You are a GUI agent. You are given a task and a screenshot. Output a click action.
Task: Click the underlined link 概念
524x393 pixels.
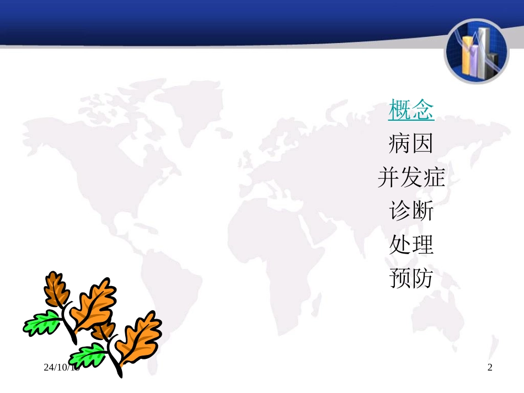point(411,110)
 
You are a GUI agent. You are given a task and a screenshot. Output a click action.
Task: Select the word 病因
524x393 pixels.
point(411,144)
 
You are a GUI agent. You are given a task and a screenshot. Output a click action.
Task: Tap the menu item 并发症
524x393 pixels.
point(411,177)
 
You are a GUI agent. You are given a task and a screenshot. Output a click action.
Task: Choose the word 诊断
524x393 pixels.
point(411,211)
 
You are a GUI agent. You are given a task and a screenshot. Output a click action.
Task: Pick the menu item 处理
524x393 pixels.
point(411,244)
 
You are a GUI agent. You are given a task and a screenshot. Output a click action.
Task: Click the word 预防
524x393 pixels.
point(411,278)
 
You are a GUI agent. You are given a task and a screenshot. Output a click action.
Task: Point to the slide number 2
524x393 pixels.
point(489,368)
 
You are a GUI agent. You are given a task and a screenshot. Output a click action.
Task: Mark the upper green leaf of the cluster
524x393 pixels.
point(42,323)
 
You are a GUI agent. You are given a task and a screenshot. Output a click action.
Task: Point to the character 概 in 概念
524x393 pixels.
point(400,110)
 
